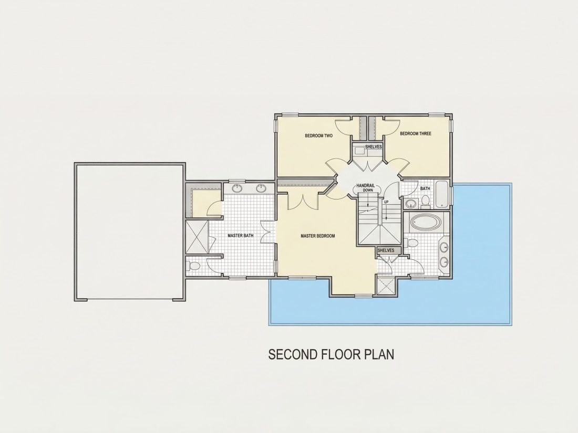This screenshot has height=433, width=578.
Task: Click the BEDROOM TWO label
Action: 318,136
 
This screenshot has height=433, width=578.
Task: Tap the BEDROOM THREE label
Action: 416,134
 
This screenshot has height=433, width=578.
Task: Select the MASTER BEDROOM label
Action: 318,236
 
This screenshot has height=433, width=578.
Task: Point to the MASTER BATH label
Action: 240,236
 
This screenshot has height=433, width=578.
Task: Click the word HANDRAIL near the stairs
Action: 365,186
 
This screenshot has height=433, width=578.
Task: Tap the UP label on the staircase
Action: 386,202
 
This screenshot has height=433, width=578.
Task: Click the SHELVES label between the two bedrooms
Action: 374,146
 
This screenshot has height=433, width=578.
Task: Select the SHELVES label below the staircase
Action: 386,250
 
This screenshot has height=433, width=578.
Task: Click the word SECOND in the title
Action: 293,354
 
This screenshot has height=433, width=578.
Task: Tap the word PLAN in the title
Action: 379,354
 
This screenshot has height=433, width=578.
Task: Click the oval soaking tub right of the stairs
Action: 425,223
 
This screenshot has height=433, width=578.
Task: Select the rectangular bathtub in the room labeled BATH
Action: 441,195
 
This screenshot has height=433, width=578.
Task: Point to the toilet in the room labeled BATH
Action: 426,200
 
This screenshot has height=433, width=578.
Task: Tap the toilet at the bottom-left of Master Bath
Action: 193,266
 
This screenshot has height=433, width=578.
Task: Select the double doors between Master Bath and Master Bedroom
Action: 268,233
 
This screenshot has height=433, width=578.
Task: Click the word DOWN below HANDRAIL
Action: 367,191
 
